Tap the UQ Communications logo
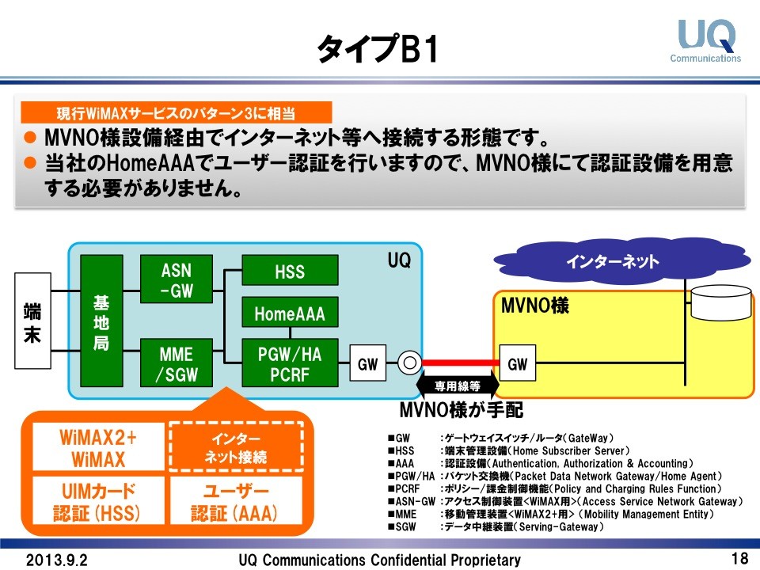(706, 41)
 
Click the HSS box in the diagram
(290, 272)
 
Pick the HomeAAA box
(290, 313)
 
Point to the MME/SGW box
(176, 363)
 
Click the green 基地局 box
(101, 321)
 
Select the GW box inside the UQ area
(368, 364)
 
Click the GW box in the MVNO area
(517, 364)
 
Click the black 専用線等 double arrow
(458, 386)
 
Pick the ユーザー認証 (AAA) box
(236, 502)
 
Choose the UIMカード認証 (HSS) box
(97, 502)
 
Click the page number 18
(739, 558)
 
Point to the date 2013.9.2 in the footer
(57, 560)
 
